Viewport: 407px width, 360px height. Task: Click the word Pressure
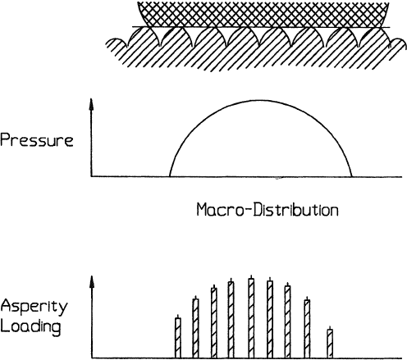pos(37,140)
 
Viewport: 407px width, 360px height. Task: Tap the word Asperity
pos(34,307)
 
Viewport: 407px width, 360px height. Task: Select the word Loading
pos(30,327)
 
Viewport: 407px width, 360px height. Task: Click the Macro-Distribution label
pos(268,210)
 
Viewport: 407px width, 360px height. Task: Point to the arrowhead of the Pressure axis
pos(92,105)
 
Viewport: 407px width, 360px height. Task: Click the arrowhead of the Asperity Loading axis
pos(92,282)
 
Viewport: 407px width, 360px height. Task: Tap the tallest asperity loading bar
pos(251,318)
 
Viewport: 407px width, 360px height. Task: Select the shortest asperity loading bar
pos(330,344)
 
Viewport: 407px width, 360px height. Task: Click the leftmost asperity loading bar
pos(178,338)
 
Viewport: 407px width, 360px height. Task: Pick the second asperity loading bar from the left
pos(195,328)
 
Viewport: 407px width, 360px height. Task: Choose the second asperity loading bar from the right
pos(307,329)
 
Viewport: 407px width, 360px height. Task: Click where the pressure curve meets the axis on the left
pos(170,176)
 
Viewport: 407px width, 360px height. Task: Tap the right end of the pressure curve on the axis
pos(352,176)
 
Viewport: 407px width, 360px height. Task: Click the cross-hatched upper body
pos(263,14)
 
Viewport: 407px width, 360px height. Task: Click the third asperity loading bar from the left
pos(214,323)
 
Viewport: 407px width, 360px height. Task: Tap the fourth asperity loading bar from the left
pos(231,320)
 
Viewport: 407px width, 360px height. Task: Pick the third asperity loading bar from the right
pos(287,321)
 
